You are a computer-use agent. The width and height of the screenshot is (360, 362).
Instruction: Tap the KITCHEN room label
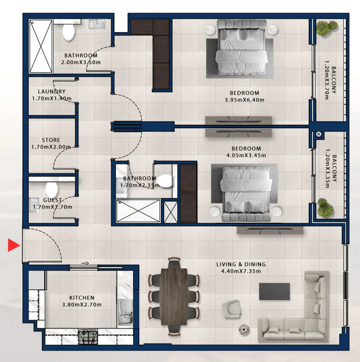82,298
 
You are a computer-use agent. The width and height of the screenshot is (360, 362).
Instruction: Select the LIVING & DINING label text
241,264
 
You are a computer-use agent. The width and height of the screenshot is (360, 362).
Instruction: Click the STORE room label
51,140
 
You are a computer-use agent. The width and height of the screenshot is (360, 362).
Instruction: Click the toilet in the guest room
52,191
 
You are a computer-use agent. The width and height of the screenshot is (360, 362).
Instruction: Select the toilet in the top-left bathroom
69,31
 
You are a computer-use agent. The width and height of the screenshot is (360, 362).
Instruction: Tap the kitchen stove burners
88,338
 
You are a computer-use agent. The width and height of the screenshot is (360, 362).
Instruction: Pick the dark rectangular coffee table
274,292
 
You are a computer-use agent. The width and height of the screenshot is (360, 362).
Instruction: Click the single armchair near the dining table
232,308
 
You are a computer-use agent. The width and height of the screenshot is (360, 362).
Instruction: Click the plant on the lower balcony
324,206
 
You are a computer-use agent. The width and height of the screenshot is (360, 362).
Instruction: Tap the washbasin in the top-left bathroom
96,24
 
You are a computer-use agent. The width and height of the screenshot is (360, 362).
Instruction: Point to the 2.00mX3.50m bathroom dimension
80,62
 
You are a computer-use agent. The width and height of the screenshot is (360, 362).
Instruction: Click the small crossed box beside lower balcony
318,134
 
